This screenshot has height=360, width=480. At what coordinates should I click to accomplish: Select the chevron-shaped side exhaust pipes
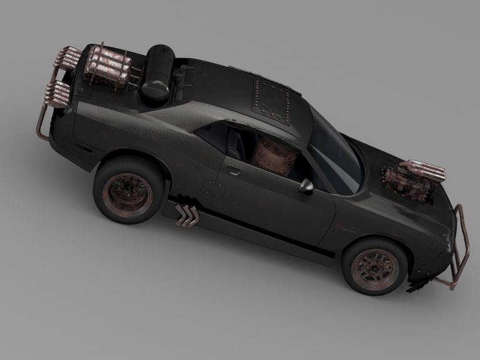click(x=187, y=214)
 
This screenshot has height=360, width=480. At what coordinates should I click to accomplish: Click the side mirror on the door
click(x=306, y=186)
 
